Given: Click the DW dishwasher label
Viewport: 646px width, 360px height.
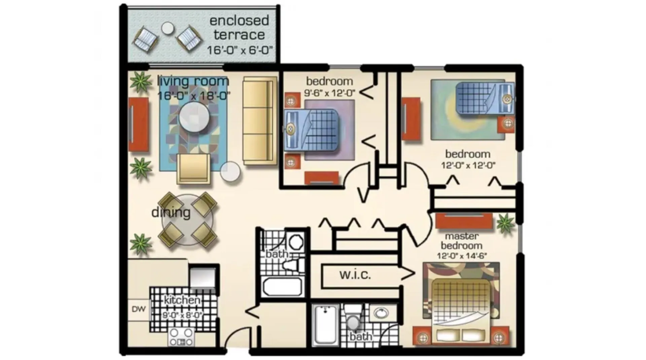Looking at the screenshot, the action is click(139, 309).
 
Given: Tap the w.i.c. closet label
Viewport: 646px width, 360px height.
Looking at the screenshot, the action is click(355, 275).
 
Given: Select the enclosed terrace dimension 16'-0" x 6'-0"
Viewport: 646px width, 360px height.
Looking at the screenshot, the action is click(239, 50).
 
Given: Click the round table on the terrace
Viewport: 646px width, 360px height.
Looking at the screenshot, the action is click(167, 28).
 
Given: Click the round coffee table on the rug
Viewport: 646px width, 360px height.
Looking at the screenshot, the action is click(194, 117).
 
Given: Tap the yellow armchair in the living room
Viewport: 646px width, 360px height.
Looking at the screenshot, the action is click(193, 169).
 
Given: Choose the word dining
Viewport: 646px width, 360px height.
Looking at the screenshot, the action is click(171, 212).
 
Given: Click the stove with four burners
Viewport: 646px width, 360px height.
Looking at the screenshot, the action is click(181, 337).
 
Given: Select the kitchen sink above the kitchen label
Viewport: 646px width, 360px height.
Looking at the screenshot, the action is click(202, 278).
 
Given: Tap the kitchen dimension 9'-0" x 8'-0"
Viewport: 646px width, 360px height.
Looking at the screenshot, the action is click(182, 315).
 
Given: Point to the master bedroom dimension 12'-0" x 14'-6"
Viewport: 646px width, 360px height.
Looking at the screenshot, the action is click(462, 256).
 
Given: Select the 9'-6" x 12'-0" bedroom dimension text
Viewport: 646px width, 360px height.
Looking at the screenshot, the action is click(330, 93).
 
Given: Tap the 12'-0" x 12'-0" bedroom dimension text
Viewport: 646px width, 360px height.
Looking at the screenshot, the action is click(468, 166).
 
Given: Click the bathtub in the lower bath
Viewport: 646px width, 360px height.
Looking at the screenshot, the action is click(325, 325).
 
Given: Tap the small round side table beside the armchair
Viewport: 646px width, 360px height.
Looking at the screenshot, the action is click(230, 172).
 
